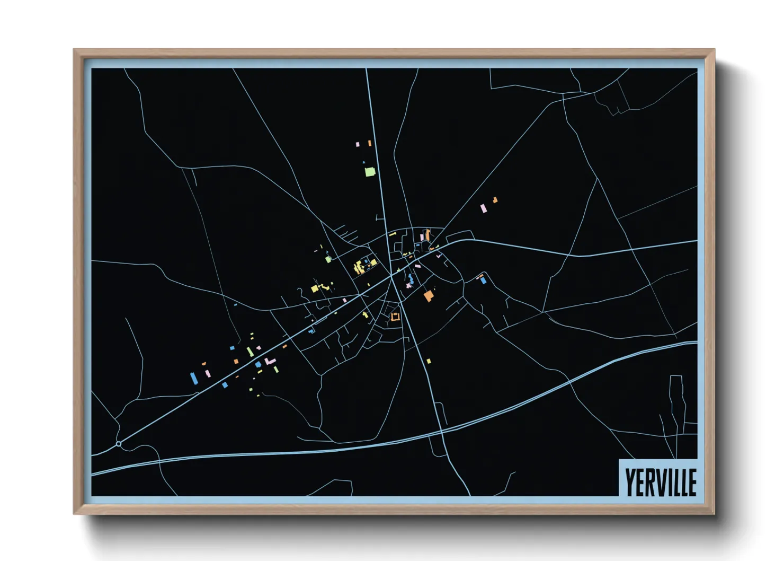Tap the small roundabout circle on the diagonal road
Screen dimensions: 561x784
[x=119, y=443]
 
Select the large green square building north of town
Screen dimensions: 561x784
[x=370, y=172]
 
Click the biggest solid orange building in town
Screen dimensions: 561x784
[x=428, y=295]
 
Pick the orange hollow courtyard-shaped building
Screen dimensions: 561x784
[x=395, y=317]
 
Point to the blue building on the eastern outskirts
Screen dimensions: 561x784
[x=483, y=280]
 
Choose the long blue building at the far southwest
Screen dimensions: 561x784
[x=194, y=378]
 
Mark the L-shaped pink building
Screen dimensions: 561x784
[x=271, y=361]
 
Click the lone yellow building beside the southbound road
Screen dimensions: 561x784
[x=429, y=361]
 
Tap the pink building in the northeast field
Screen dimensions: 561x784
[x=483, y=208]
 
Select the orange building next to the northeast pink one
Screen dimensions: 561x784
[x=495, y=200]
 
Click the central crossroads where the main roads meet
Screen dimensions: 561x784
[x=392, y=275]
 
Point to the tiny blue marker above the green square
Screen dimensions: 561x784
[x=363, y=162]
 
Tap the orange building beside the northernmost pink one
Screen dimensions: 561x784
[x=369, y=143]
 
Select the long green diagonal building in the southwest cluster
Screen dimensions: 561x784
[x=250, y=352]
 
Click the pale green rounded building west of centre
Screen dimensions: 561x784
[x=328, y=259]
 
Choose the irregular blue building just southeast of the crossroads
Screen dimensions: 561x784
[x=411, y=278]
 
